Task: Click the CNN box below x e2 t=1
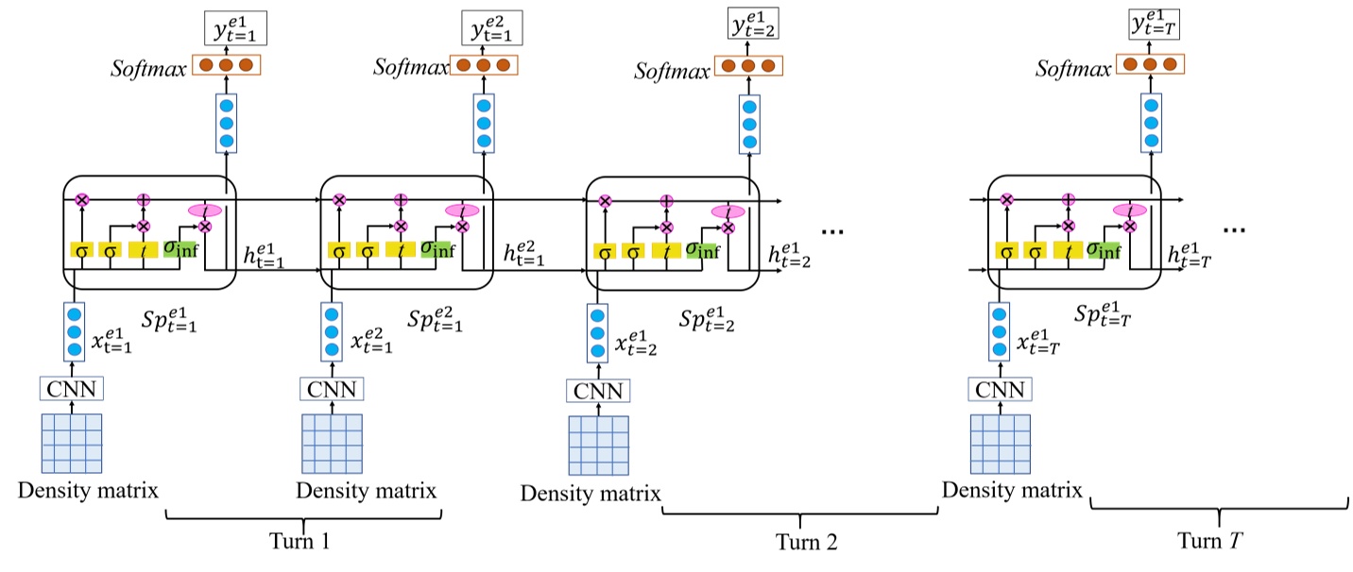pyautogui.click(x=330, y=388)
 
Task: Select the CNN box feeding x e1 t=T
pyautogui.click(x=1000, y=388)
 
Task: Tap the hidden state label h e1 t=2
pyautogui.click(x=790, y=255)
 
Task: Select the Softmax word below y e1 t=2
pyautogui.click(x=670, y=70)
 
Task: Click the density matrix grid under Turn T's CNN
pyautogui.click(x=1000, y=442)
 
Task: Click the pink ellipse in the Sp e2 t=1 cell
pyautogui.click(x=462, y=210)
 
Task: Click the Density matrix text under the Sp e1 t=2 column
pyautogui.click(x=591, y=493)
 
